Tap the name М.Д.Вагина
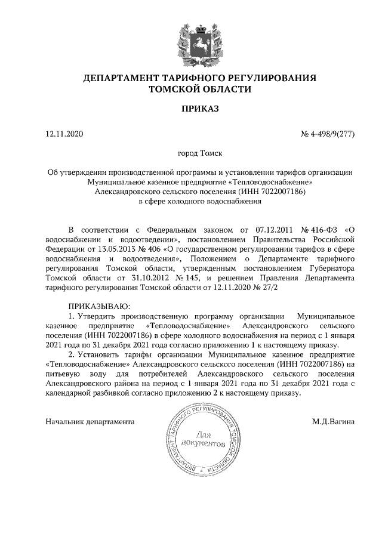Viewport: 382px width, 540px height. click(x=333, y=421)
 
